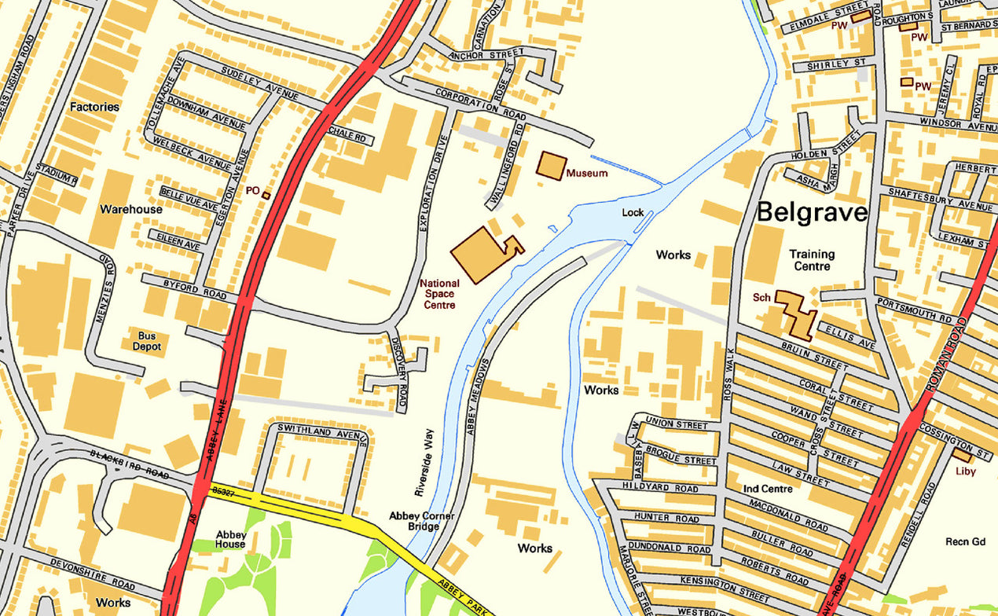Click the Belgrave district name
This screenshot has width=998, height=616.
click(x=812, y=212)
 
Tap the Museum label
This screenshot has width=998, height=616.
click(x=586, y=173)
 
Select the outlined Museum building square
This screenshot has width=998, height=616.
click(x=552, y=166)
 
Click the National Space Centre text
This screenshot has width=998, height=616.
click(x=438, y=294)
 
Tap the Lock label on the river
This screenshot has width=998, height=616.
click(x=633, y=212)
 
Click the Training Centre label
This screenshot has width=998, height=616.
click(x=812, y=260)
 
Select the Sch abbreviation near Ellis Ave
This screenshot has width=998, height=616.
click(x=761, y=299)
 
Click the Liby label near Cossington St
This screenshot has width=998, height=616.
click(x=965, y=471)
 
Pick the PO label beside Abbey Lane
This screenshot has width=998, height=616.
click(x=252, y=190)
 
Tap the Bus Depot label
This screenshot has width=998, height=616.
click(x=146, y=341)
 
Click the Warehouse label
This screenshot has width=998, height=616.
click(x=131, y=210)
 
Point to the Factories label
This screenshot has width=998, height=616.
click(x=94, y=106)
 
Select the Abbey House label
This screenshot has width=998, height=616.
click(x=231, y=540)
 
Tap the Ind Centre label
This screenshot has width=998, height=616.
click(x=768, y=489)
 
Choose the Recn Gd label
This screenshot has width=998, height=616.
click(x=965, y=542)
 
